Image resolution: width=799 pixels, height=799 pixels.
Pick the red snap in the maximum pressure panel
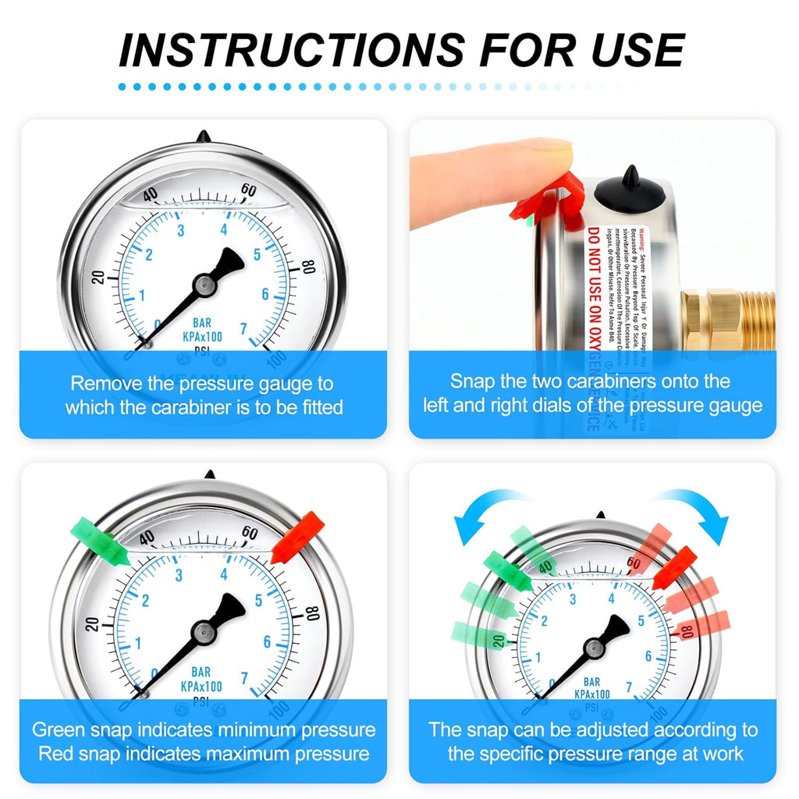pyautogui.click(x=297, y=538)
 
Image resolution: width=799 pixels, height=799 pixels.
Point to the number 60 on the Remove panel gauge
pyautogui.click(x=249, y=190)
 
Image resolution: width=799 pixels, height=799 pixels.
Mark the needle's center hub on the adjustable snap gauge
pyautogui.click(x=595, y=647)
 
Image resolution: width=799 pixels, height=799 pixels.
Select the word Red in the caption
pyautogui.click(x=55, y=754)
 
